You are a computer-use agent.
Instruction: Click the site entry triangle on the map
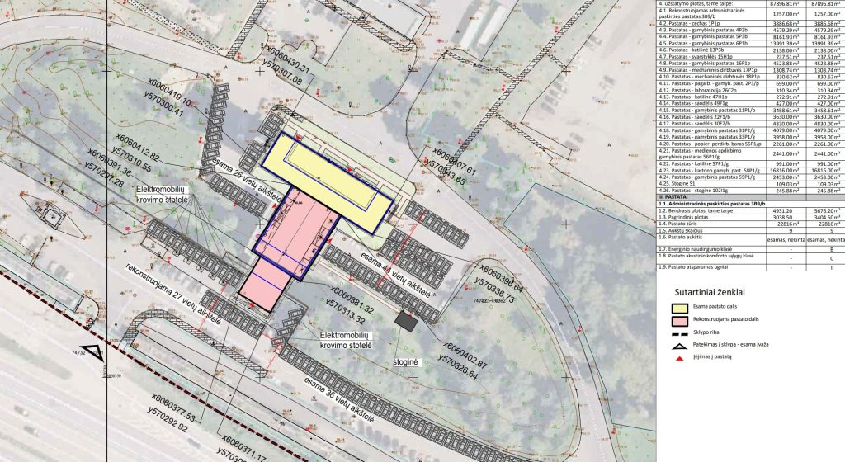(x=94, y=352)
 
